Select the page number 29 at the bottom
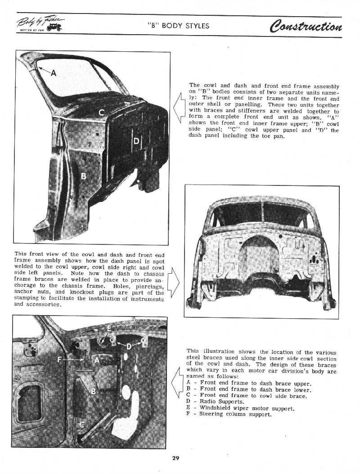coord(176,458)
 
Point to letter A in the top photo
coord(54,75)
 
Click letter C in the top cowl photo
coord(102,113)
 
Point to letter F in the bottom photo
coord(60,360)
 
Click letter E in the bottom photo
coord(109,329)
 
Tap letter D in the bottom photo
coord(129,346)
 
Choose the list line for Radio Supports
coord(215,402)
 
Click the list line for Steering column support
coord(229,414)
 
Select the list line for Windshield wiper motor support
coord(240,408)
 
